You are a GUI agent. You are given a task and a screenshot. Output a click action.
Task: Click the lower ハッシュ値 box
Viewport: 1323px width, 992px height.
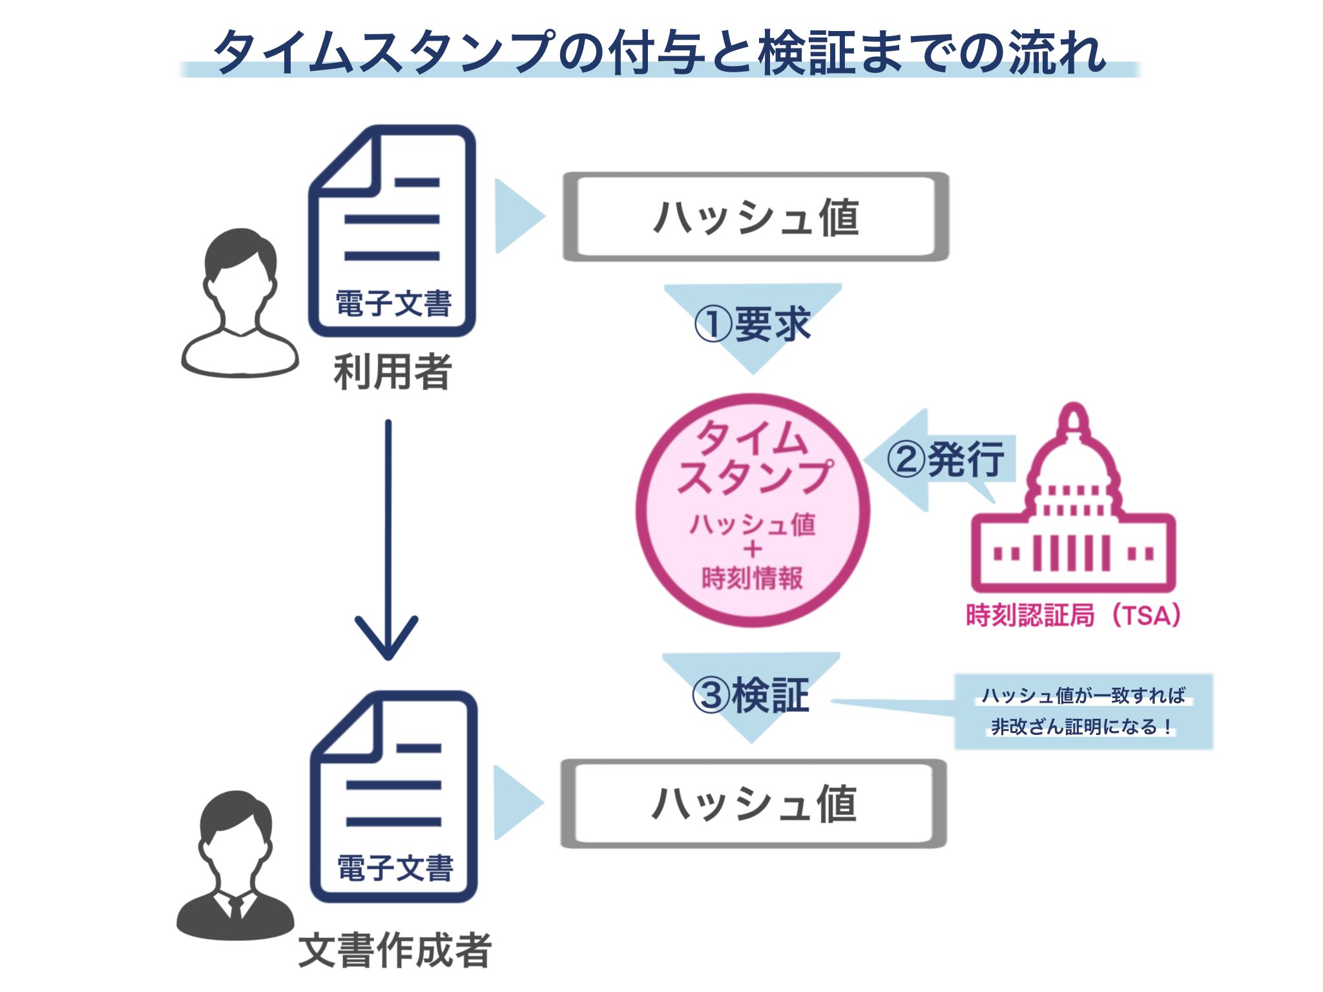[753, 803]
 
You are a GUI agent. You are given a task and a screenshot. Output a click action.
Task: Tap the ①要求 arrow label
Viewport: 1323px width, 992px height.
[753, 324]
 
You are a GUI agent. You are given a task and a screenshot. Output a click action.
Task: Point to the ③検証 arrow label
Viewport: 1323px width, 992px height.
[751, 696]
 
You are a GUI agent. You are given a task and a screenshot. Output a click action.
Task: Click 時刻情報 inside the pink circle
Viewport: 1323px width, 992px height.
[752, 578]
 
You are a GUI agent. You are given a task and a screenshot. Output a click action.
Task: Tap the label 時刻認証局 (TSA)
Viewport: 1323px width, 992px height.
[1072, 615]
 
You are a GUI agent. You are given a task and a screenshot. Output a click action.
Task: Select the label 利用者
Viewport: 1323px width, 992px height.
[392, 372]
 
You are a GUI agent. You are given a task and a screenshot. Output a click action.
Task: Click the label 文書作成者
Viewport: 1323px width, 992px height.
[395, 950]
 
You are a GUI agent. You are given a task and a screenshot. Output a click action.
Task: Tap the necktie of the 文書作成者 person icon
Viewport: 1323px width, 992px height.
[236, 907]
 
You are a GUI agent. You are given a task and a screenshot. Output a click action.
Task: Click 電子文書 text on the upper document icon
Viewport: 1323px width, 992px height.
[393, 304]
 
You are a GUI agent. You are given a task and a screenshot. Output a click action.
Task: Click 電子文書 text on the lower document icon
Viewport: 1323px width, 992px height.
[395, 868]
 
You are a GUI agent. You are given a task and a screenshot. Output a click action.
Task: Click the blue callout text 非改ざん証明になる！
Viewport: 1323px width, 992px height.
[1083, 727]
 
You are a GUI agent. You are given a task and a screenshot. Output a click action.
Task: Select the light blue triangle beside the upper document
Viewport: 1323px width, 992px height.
[517, 216]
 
